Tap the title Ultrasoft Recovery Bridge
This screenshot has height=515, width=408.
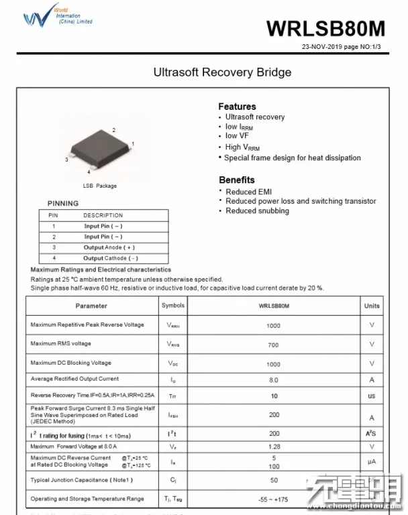click(x=222, y=72)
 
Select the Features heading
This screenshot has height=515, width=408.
click(x=237, y=106)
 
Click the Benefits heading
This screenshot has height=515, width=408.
click(x=237, y=180)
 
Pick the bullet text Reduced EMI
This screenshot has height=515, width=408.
click(x=248, y=192)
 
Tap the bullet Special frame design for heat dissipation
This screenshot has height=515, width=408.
click(x=292, y=158)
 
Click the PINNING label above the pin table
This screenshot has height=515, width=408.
click(x=63, y=203)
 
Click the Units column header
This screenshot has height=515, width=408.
click(x=372, y=306)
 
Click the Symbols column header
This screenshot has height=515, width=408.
click(x=173, y=306)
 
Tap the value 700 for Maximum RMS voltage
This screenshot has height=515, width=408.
click(x=274, y=345)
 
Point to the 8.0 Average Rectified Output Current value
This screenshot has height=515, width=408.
click(x=274, y=380)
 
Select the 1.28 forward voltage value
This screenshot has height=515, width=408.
click(x=274, y=447)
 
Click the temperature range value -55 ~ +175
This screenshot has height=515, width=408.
click(x=274, y=500)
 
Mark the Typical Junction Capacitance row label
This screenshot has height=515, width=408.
click(x=82, y=480)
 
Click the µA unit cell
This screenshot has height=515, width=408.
click(x=372, y=462)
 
